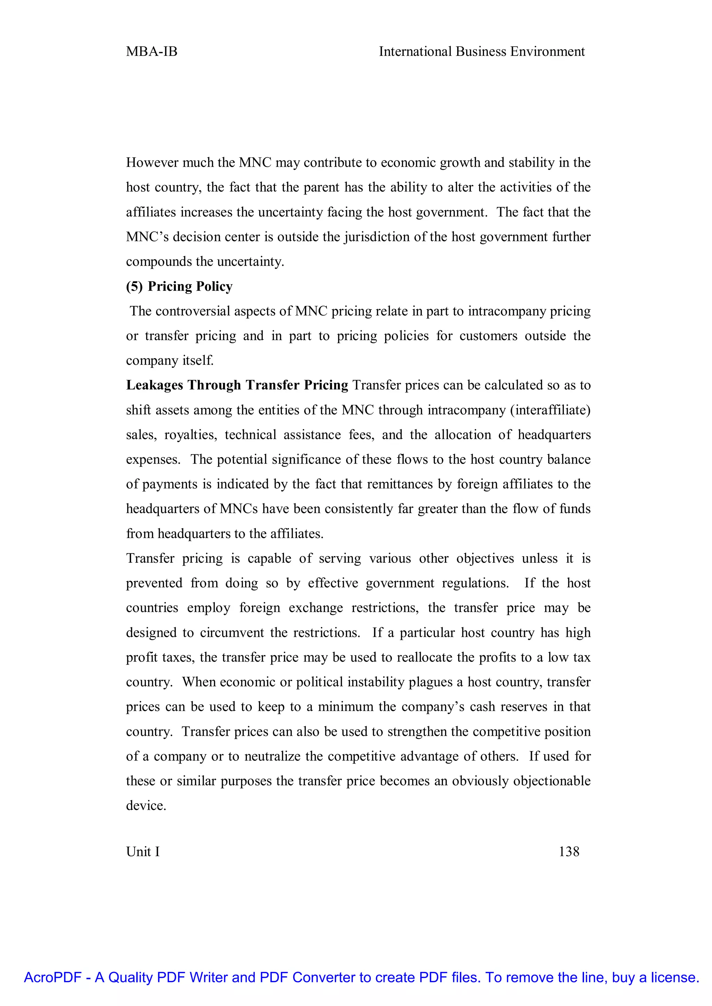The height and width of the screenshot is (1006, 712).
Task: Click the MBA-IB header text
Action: tap(152, 52)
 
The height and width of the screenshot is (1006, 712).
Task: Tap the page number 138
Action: tap(569, 851)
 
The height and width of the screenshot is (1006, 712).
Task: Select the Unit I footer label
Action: tap(143, 851)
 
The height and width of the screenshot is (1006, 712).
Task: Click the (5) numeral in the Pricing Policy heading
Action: tap(134, 286)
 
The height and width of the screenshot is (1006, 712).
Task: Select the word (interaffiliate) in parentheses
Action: tap(550, 410)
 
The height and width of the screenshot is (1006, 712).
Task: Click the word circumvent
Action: tap(232, 633)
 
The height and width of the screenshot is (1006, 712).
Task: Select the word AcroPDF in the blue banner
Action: tap(52, 978)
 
